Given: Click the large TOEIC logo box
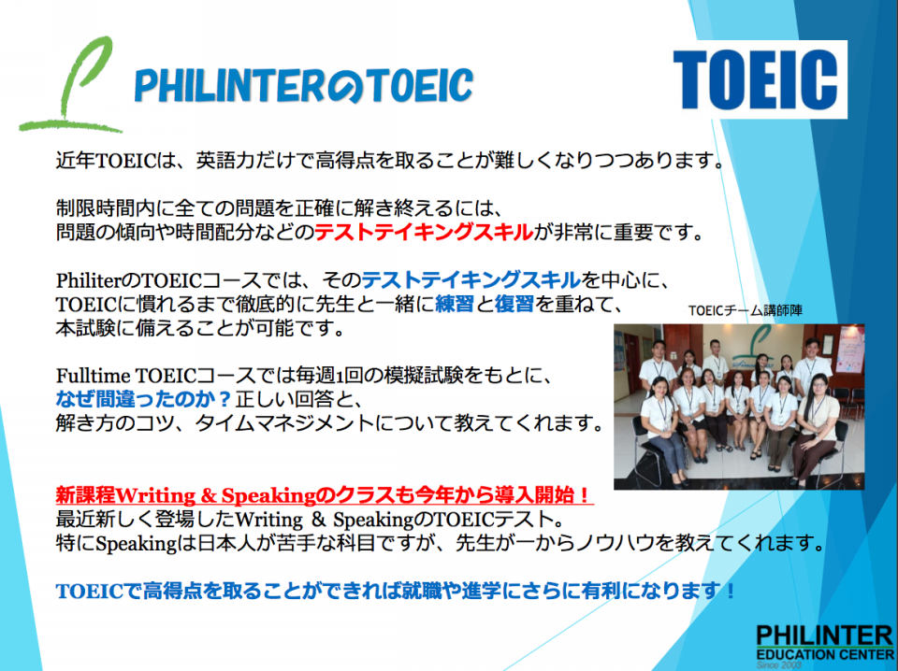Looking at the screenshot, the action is click(x=760, y=79).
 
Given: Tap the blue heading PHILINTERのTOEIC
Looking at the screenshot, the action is click(x=303, y=85).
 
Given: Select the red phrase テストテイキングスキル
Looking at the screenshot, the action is click(x=424, y=233).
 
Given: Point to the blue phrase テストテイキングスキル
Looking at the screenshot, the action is click(x=471, y=280).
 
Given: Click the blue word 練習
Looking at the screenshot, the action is click(x=455, y=304).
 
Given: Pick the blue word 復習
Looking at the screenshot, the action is click(x=514, y=304).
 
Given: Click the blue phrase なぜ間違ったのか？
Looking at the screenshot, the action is click(x=143, y=399).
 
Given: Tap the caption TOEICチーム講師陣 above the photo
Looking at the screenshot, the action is click(x=746, y=310).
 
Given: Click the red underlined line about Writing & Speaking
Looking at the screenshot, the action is click(x=325, y=494).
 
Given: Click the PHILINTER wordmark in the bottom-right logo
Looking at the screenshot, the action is click(x=825, y=635).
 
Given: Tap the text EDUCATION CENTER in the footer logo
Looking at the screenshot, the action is click(x=825, y=654).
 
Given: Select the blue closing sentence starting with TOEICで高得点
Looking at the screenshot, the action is click(x=395, y=591).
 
